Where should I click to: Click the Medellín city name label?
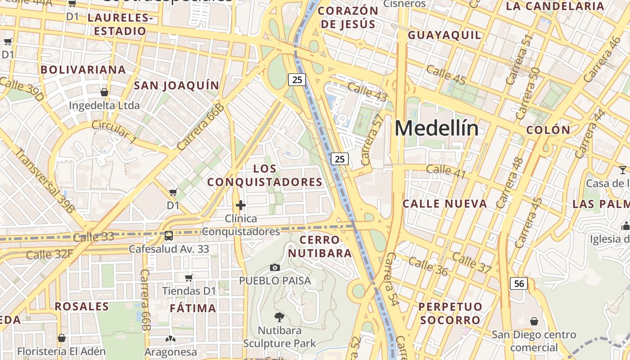[x=436, y=129]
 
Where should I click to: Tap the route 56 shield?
[x=519, y=283]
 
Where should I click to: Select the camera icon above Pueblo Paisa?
[x=275, y=268]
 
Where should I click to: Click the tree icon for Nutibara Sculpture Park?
[x=279, y=317]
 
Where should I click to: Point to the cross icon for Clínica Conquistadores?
[x=241, y=206]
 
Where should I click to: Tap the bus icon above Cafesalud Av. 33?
[x=169, y=235]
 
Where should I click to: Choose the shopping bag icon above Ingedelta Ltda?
[x=104, y=92]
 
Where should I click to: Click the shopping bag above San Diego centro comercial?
[x=534, y=321]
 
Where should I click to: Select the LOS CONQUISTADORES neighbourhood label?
[x=265, y=175]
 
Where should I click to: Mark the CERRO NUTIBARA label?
[x=320, y=247]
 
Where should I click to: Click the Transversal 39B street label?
[x=45, y=180]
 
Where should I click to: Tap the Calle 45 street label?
[x=445, y=74]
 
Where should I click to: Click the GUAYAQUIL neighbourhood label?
[x=444, y=35]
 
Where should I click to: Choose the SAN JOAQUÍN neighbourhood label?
[x=176, y=85]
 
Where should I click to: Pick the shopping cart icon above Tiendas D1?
[x=189, y=278]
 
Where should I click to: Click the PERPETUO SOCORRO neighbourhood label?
[x=450, y=313]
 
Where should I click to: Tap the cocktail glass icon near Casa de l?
[x=622, y=170]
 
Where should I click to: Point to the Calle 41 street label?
[x=445, y=171]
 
